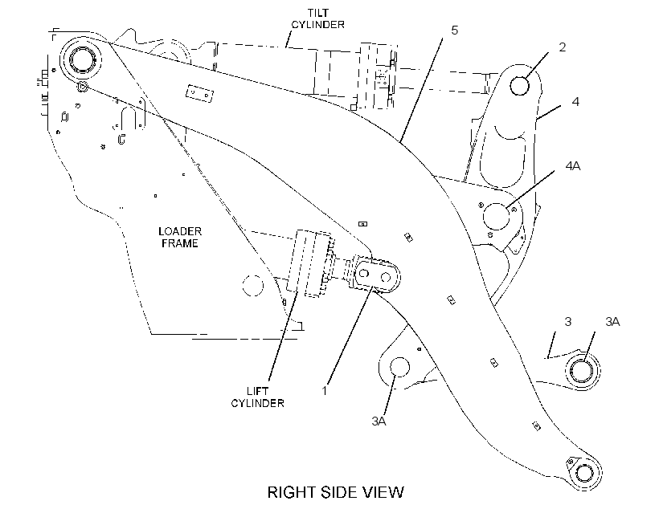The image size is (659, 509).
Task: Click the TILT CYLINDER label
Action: (317, 19)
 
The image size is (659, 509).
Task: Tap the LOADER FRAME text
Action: (180, 238)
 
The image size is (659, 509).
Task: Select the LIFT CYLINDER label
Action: (258, 397)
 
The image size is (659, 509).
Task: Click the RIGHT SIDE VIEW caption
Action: (335, 492)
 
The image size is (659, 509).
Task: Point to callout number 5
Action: (454, 31)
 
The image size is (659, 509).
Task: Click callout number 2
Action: (563, 47)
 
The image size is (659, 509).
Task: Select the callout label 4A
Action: (573, 166)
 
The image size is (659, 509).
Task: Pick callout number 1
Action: (324, 391)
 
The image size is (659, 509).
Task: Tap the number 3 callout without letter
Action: (568, 322)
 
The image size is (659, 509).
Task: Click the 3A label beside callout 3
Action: (612, 322)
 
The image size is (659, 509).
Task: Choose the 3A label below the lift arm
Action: (379, 421)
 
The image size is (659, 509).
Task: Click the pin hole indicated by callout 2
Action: (519, 86)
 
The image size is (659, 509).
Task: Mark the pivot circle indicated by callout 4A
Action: (497, 217)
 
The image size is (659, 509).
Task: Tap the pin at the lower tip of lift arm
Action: (583, 473)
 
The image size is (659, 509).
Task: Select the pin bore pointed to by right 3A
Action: (583, 370)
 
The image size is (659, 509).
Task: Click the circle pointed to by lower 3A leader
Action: (399, 368)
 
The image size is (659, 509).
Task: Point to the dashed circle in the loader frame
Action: (253, 286)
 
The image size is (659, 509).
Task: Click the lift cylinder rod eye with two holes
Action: (375, 275)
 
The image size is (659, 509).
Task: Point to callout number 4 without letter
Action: (575, 102)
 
